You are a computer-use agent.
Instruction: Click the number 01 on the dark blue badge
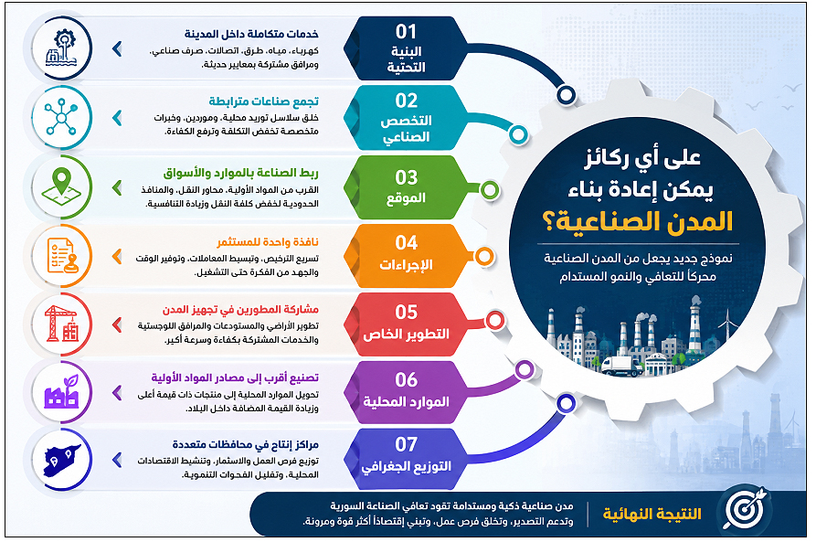click(x=406, y=32)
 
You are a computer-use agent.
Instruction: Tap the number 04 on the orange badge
click(x=406, y=242)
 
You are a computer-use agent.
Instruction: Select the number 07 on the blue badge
click(x=406, y=444)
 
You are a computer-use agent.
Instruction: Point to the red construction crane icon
click(x=61, y=324)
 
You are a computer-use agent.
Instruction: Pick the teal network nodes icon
click(x=61, y=118)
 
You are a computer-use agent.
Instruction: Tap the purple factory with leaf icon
click(x=61, y=391)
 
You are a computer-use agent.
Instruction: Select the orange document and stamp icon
click(x=61, y=256)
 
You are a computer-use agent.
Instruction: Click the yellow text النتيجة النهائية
click(x=652, y=514)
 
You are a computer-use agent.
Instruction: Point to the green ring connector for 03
click(x=489, y=190)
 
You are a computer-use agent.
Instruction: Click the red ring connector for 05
click(x=495, y=320)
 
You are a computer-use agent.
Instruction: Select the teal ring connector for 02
click(x=518, y=134)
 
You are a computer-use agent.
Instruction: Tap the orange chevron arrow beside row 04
click(x=117, y=256)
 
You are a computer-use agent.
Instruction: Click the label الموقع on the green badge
click(x=406, y=198)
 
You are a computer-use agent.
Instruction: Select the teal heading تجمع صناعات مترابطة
click(x=264, y=101)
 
